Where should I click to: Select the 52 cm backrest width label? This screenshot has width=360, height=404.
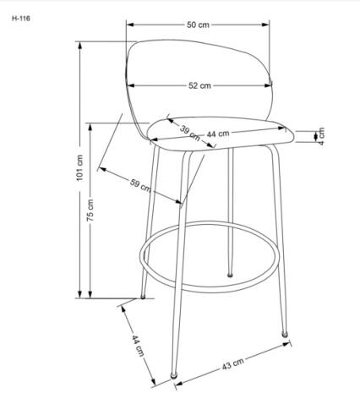click(199, 85)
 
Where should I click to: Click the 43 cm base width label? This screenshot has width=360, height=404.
click(234, 364)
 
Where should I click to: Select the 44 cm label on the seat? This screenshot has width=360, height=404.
click(218, 134)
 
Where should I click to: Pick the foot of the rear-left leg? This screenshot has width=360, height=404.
click(143, 297)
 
